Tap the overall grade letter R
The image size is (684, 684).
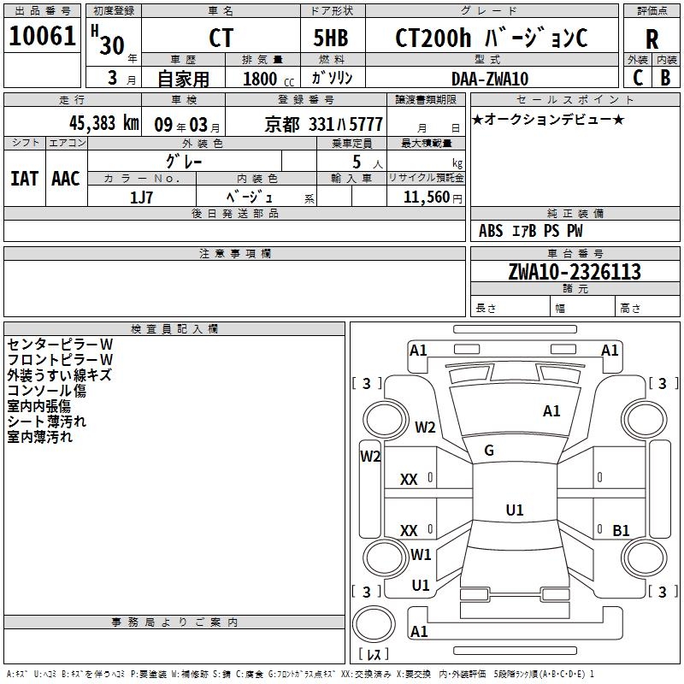(x=652, y=38)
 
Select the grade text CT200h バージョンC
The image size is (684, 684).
(x=492, y=38)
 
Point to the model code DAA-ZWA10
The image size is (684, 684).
(x=490, y=79)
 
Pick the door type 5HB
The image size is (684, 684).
(x=332, y=38)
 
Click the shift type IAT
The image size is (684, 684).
(x=24, y=178)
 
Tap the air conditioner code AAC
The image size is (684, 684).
(x=65, y=178)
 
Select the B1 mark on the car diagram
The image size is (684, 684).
(x=622, y=530)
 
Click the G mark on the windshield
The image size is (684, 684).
(x=489, y=451)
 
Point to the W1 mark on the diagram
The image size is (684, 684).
(x=421, y=554)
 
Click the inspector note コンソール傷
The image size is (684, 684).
(x=47, y=391)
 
